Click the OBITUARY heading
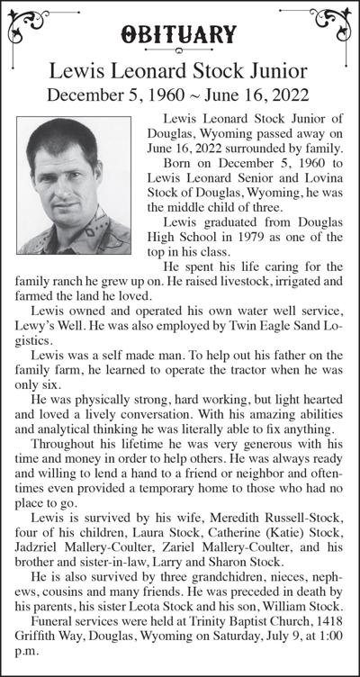tap(180, 35)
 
